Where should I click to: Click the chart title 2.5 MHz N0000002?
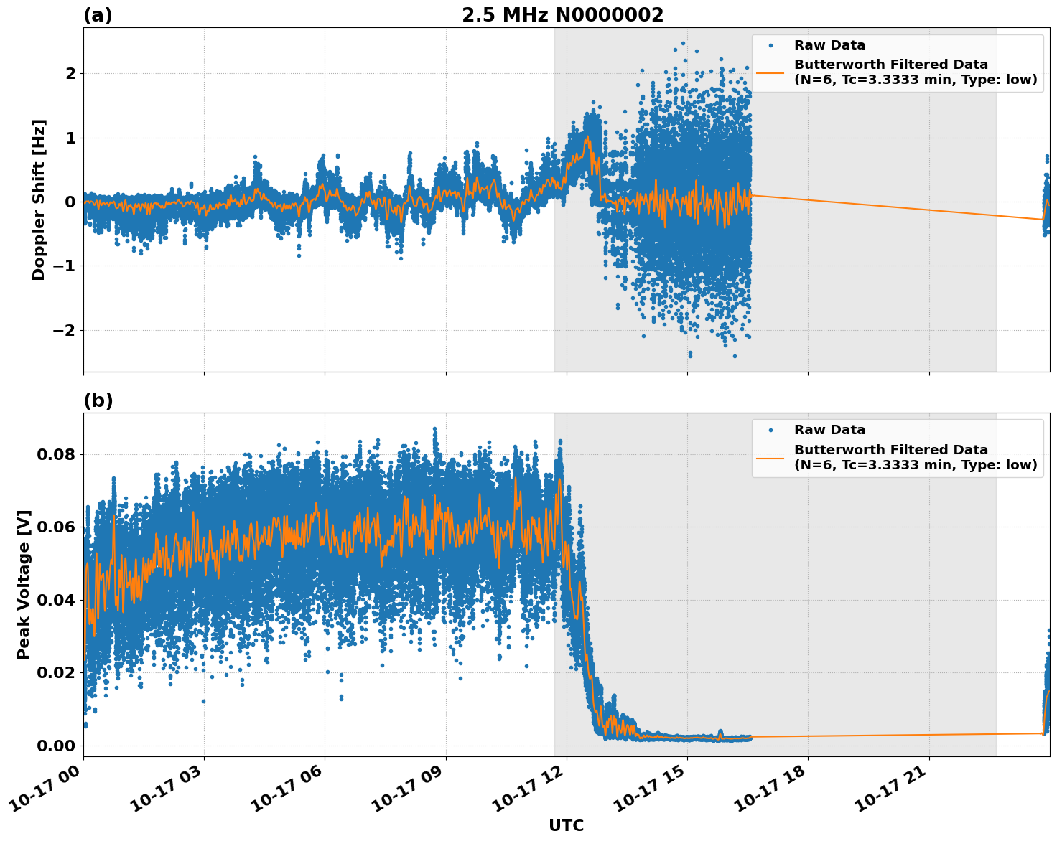[x=562, y=15]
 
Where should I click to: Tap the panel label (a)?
[x=98, y=15]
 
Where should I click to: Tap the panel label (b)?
[x=98, y=400]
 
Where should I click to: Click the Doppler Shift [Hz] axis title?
[x=39, y=199]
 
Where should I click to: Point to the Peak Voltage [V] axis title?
[x=24, y=584]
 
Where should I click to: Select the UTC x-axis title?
[x=566, y=825]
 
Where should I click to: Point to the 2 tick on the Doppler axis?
[x=70, y=73]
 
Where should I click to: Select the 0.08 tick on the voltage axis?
[x=57, y=454]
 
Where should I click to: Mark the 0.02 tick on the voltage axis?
[x=57, y=672]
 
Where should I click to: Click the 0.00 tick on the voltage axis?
[x=57, y=746]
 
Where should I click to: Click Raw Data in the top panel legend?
[x=829, y=45]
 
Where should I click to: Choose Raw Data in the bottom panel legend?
[x=829, y=430]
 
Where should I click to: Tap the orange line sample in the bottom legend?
[x=770, y=457]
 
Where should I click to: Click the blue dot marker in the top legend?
[x=770, y=45]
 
